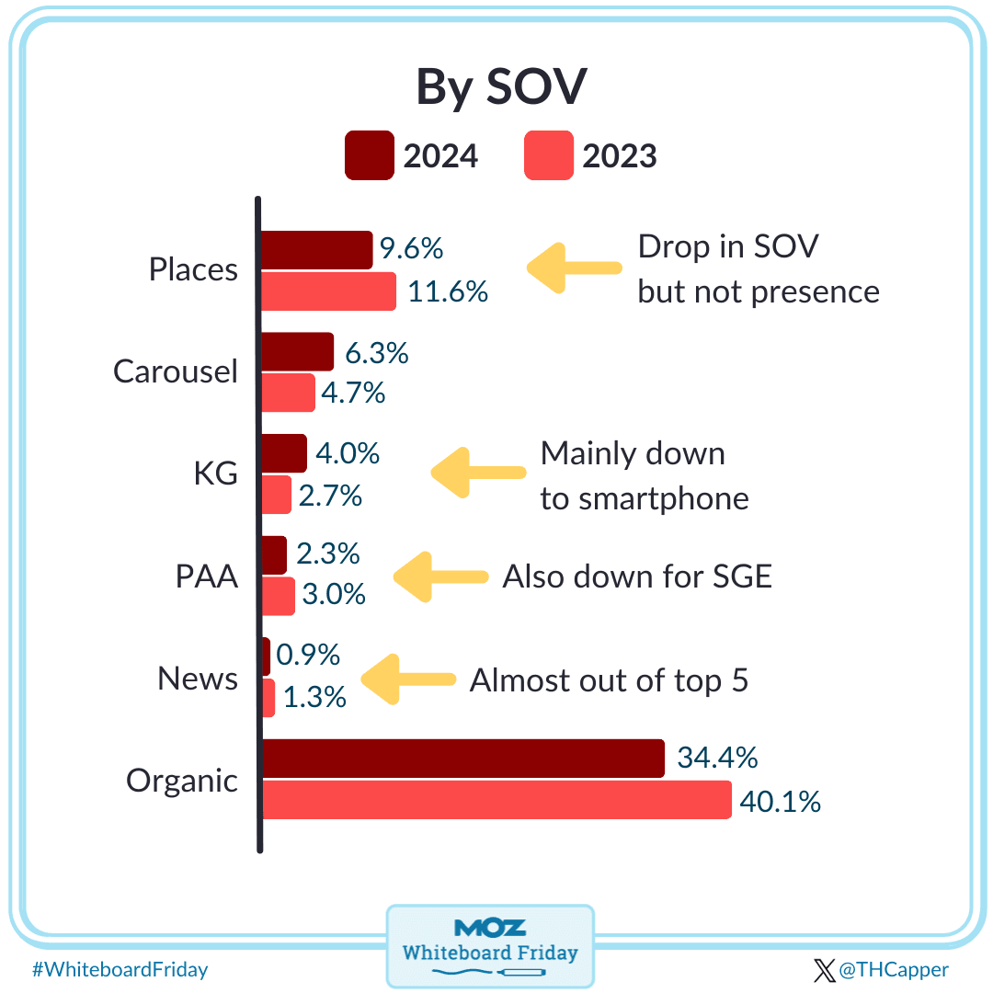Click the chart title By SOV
point(501,87)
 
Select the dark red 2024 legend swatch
point(369,155)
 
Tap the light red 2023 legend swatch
point(548,155)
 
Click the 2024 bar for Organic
point(462,759)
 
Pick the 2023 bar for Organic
point(496,799)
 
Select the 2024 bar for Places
point(316,250)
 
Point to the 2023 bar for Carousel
point(289,393)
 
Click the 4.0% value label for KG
point(348,453)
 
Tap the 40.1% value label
point(780,802)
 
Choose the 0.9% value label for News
point(308,655)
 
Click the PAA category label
point(207,577)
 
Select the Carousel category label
point(176,371)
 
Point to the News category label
point(198,679)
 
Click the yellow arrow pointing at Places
point(574,268)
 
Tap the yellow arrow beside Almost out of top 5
point(408,679)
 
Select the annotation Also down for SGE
point(637,576)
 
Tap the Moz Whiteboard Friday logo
point(490,944)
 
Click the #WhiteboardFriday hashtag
point(120,969)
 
